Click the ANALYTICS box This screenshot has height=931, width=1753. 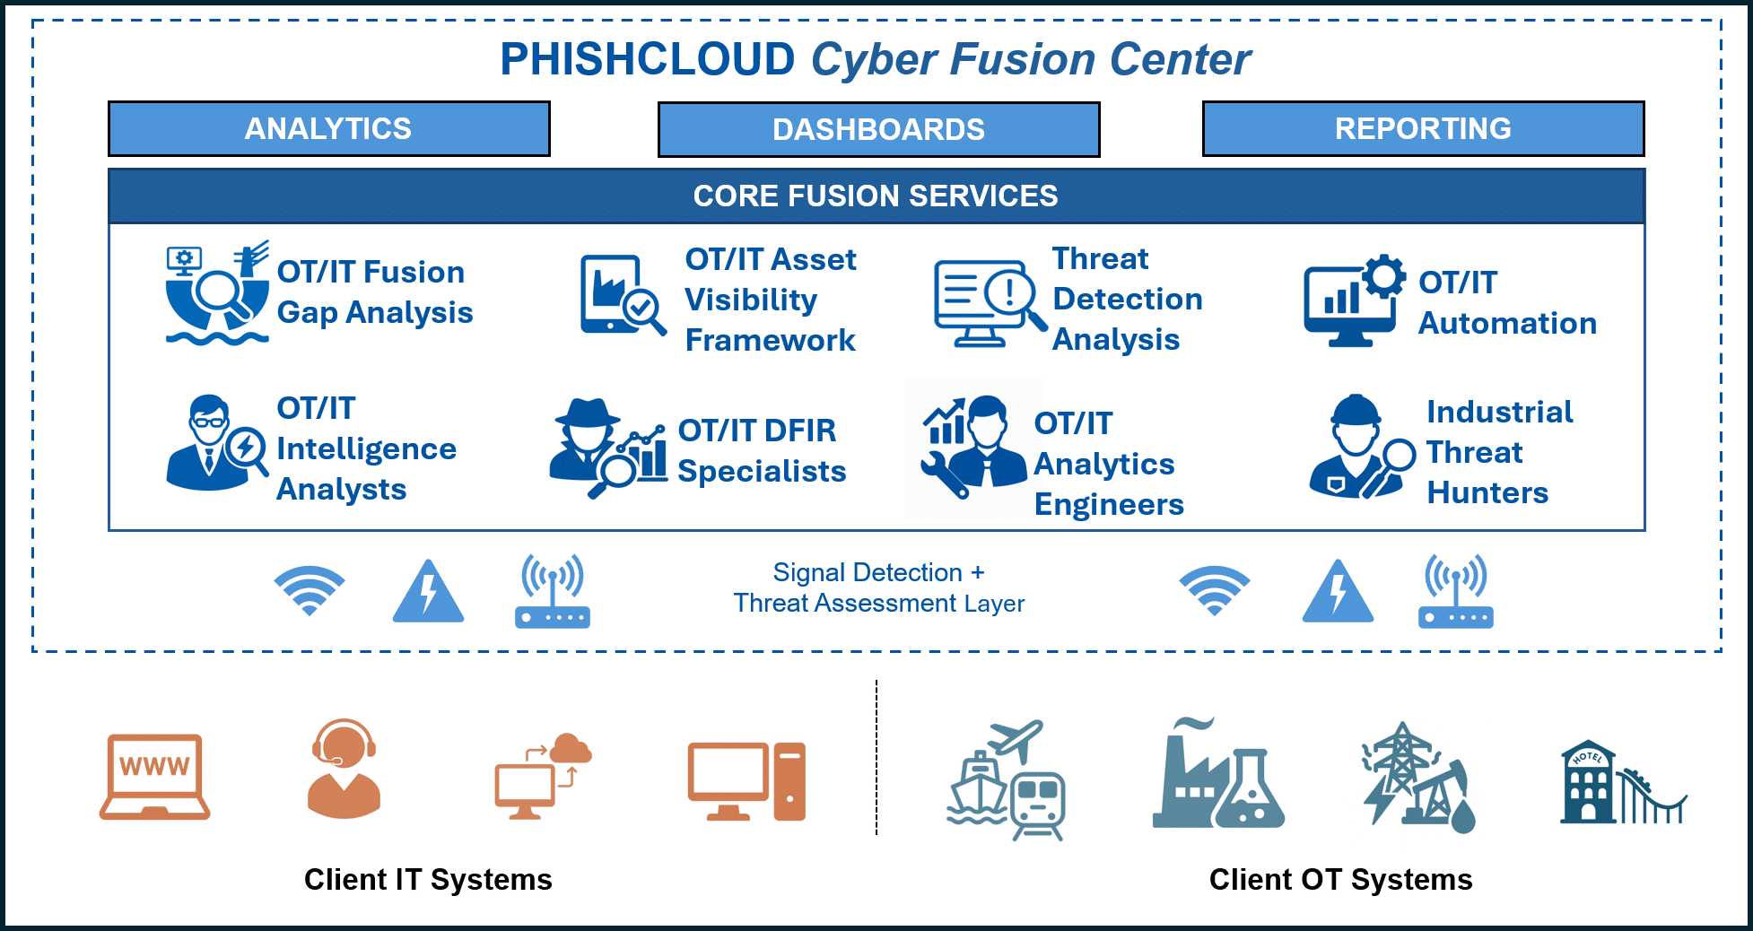[328, 129]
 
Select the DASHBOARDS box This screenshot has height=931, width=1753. [878, 130]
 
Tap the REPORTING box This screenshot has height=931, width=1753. [1423, 129]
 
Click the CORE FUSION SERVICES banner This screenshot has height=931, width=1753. [876, 196]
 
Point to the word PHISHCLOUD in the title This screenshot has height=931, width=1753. [647, 60]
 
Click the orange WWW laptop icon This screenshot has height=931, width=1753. [154, 777]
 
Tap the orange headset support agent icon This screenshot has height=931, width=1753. [344, 769]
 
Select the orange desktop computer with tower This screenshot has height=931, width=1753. [746, 780]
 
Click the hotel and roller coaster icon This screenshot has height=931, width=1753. [1622, 782]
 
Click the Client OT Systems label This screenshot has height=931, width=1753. [1340, 880]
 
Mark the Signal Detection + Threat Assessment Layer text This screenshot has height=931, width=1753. [878, 587]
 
